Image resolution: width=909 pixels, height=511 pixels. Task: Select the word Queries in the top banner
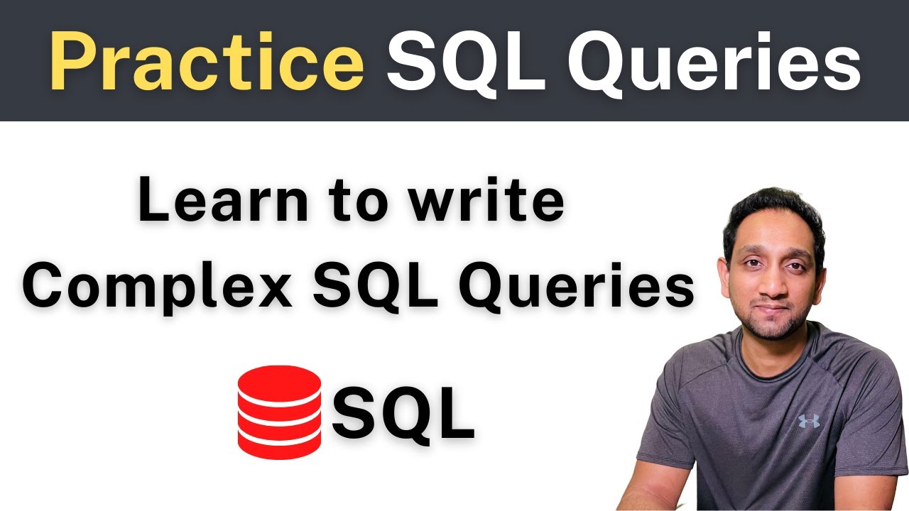[x=714, y=62]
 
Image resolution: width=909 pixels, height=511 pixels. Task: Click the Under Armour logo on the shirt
[x=809, y=420]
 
